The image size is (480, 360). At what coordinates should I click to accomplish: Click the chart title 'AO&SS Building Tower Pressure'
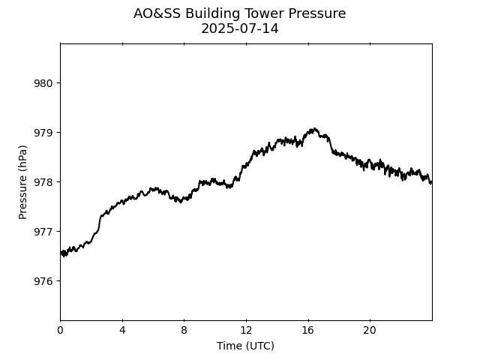240,13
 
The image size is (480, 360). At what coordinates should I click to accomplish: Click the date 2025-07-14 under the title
240,28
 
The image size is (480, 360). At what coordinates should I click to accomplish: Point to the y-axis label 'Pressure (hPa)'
23,182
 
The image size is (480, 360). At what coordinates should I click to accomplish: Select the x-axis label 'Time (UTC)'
245,346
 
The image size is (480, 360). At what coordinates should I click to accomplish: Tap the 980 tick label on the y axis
43,83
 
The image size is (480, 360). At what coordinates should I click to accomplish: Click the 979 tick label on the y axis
43,133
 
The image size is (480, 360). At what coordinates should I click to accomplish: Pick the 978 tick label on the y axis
43,182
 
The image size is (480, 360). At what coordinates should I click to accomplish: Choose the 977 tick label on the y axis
43,232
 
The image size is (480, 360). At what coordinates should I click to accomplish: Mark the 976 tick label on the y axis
43,281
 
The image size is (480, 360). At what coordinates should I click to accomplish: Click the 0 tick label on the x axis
61,331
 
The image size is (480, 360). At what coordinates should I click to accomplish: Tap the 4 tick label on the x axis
122,331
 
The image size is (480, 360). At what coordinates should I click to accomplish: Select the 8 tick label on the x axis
184,331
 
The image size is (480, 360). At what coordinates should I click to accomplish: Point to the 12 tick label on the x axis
246,331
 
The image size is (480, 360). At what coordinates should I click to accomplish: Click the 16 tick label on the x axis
307,331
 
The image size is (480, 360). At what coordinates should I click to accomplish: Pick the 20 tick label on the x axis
370,331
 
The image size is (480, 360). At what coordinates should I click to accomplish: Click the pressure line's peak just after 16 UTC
314,129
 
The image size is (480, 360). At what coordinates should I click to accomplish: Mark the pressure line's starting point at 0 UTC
61,253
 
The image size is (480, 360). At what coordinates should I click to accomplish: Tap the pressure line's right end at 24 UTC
431,181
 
